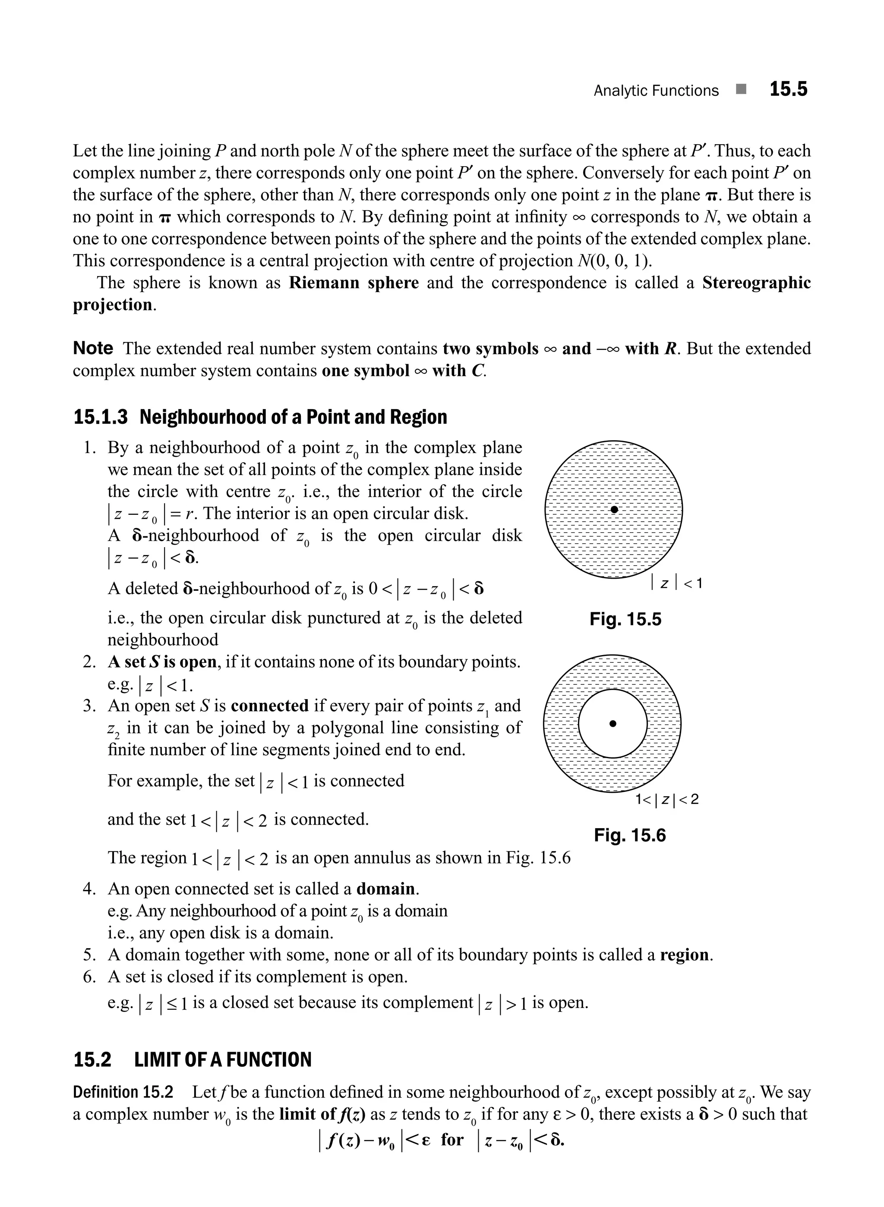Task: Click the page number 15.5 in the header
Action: [x=788, y=89]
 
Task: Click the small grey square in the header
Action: [x=741, y=89]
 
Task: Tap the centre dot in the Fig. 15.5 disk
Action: [x=614, y=510]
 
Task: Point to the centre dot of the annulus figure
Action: [x=613, y=723]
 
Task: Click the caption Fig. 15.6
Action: [x=629, y=835]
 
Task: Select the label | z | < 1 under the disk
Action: [x=676, y=583]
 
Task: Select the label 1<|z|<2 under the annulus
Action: [x=667, y=799]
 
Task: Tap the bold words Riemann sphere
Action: [x=354, y=283]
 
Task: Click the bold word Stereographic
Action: [x=756, y=283]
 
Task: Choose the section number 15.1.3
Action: [x=101, y=417]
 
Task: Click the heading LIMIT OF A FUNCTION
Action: [x=223, y=1060]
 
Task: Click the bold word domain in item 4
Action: [x=385, y=889]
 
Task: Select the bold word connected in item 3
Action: [x=270, y=706]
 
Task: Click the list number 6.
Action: [x=89, y=977]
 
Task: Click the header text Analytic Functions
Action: [x=656, y=91]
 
